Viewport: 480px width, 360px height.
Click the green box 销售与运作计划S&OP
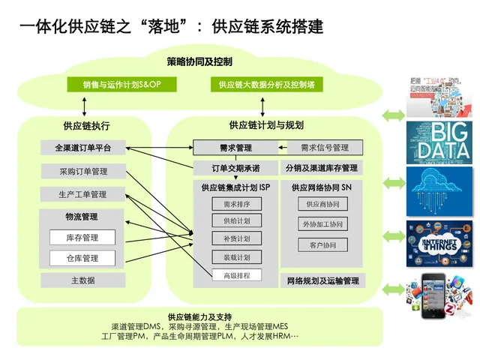pyautogui.click(x=122, y=85)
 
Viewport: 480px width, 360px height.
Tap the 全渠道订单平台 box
pyautogui.click(x=83, y=147)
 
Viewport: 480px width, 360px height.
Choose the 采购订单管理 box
pyautogui.click(x=83, y=172)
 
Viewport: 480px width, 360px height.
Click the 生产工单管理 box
pyautogui.click(x=83, y=195)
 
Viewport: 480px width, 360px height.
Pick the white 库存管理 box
pyautogui.click(x=82, y=238)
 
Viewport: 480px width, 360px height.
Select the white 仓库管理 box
pyautogui.click(x=82, y=259)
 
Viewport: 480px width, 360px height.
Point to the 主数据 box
pyautogui.click(x=83, y=280)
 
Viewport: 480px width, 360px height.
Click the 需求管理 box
pyautogui.click(x=235, y=148)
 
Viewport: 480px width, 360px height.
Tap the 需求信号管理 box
pyautogui.click(x=325, y=147)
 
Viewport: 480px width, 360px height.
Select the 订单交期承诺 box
pyautogui.click(x=235, y=168)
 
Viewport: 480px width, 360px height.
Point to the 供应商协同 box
pyautogui.click(x=323, y=204)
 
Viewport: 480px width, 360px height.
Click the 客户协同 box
pyautogui.click(x=323, y=245)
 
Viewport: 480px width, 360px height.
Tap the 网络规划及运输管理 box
pyautogui.click(x=323, y=281)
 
